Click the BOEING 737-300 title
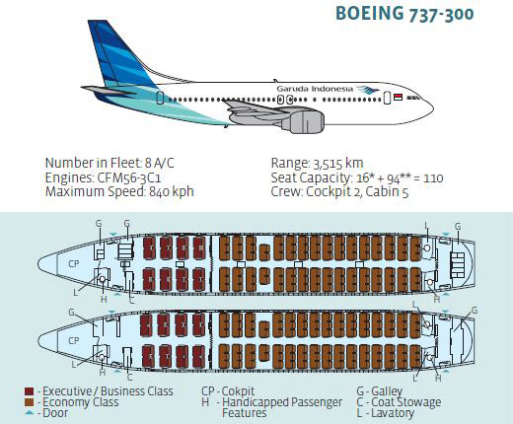point(404,14)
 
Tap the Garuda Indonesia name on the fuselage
point(315,89)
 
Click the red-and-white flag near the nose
point(398,97)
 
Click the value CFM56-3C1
point(129,177)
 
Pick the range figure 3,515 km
point(338,164)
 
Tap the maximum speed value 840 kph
point(171,191)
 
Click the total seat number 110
point(433,178)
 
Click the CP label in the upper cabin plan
point(74,263)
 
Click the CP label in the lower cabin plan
point(74,340)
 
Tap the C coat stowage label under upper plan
point(132,301)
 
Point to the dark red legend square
point(29,391)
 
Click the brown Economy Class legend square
point(29,402)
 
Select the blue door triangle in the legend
point(30,413)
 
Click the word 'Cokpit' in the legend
point(238,391)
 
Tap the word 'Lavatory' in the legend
point(393,413)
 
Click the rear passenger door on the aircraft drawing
point(160,98)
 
